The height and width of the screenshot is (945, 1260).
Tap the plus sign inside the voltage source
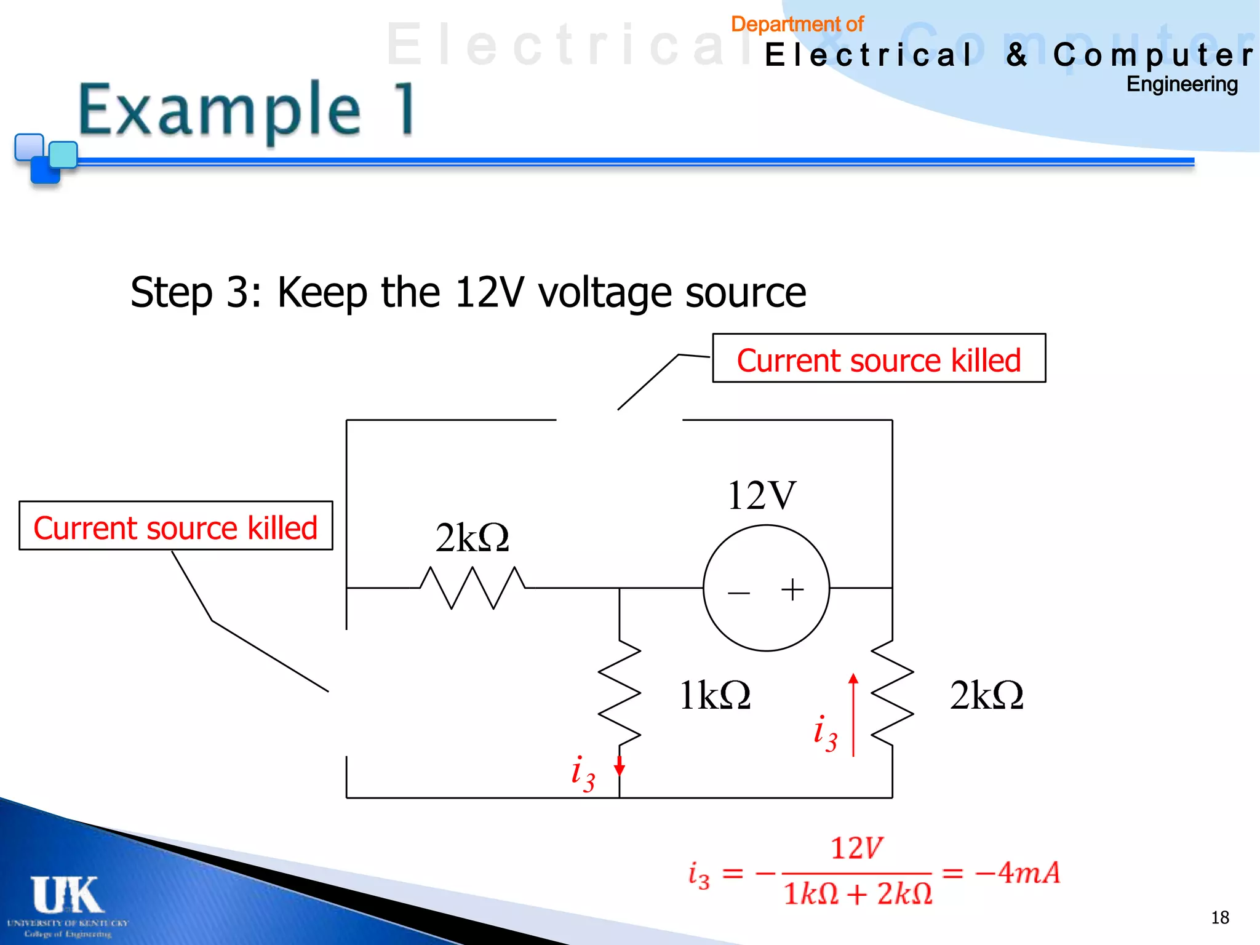pos(792,589)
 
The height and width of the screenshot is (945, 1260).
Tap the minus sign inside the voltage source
pos(738,593)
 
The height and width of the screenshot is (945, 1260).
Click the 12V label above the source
pos(762,496)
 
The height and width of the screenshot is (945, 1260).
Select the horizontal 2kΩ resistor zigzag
pos(472,588)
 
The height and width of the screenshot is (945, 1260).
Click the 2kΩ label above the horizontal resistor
pos(472,538)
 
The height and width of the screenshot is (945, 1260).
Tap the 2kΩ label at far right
pos(986,696)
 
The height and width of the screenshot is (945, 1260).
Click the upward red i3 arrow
pos(853,714)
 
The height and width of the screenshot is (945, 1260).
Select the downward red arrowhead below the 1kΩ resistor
pos(620,767)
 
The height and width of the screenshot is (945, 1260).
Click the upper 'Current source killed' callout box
pos(879,359)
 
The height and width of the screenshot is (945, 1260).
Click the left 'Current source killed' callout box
pos(175,526)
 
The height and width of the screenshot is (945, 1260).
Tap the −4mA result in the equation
pos(1019,872)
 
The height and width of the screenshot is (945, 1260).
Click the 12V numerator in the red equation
pos(856,848)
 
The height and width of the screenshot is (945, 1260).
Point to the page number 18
pos(1219,917)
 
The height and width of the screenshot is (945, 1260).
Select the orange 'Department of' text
pos(797,25)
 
